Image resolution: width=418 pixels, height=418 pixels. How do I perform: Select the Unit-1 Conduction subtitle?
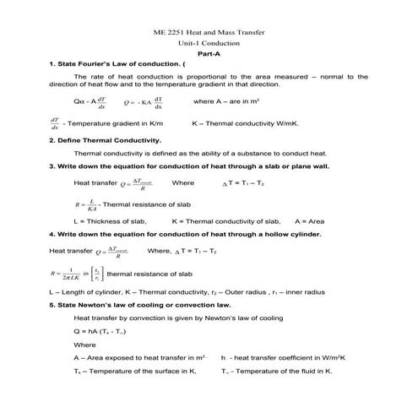[x=209, y=43]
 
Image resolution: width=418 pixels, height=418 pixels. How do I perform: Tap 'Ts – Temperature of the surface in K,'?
[x=134, y=371]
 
